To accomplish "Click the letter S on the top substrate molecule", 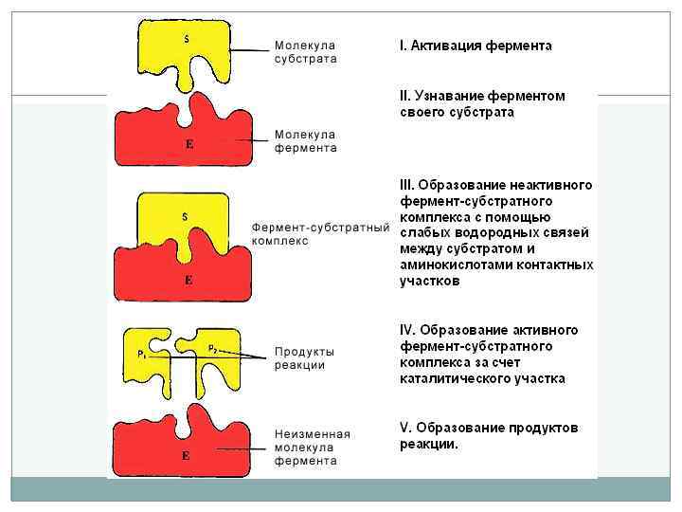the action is point(186,39).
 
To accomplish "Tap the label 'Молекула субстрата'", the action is point(305,51).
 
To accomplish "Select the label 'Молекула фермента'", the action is point(305,141).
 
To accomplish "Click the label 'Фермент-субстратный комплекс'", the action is point(321,234).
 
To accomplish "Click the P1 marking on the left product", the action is point(141,354).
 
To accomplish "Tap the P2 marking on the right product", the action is point(213,349).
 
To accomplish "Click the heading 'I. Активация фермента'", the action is point(476,46).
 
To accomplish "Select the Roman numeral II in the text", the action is point(404,96).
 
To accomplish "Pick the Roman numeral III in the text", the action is point(406,184).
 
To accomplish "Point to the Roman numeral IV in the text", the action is point(407,330).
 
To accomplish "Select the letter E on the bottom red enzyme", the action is point(187,456).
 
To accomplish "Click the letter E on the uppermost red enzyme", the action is point(188,144).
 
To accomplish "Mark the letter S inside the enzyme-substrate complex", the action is point(185,217).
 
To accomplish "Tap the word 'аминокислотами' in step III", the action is point(448,265).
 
